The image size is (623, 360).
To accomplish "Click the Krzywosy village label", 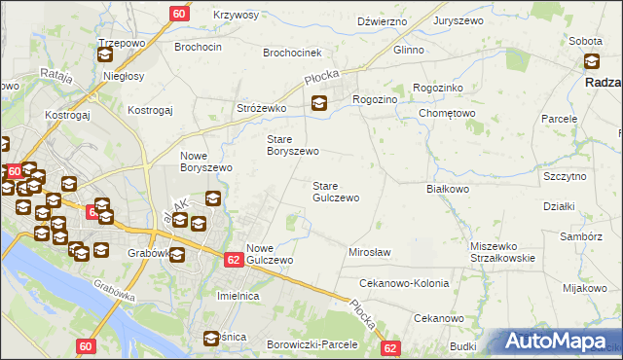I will [235, 16].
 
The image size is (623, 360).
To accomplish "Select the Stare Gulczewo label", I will [335, 191].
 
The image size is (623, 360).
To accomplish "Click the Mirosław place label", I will [369, 252].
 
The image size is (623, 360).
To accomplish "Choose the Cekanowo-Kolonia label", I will [404, 283].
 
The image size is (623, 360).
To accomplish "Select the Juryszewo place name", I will [461, 19].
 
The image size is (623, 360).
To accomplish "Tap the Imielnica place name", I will [242, 295].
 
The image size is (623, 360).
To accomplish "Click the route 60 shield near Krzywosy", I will [179, 14].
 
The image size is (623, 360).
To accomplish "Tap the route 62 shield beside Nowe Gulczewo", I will [234, 260].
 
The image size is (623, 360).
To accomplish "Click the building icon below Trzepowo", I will [105, 55].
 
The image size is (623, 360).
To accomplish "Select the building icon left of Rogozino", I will [318, 104].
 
